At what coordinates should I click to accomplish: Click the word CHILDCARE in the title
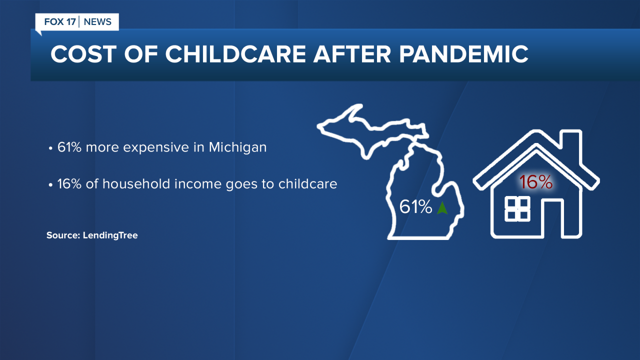[234, 54]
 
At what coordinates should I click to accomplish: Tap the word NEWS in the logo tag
[97, 22]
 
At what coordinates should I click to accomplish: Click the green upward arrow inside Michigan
[442, 207]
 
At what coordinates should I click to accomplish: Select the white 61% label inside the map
[415, 207]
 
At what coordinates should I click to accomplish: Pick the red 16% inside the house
[535, 182]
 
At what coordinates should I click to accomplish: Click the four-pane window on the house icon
[517, 208]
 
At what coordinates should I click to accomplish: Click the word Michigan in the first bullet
[237, 148]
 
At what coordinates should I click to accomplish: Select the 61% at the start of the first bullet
[67, 148]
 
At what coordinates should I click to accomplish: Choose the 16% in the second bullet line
[67, 184]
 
